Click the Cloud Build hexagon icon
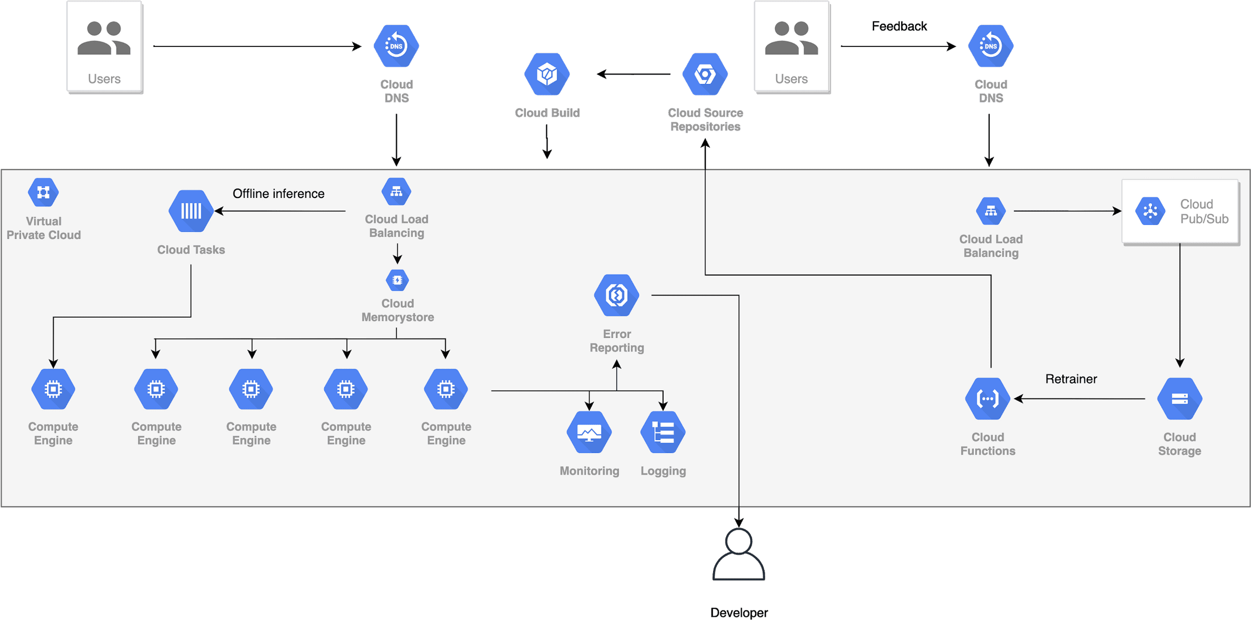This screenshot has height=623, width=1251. [x=547, y=74]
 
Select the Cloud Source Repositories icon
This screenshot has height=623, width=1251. [x=705, y=74]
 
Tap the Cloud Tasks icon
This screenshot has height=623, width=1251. [x=191, y=211]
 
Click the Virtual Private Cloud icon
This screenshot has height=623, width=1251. [x=43, y=192]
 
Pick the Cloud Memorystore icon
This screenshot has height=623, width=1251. [x=397, y=280]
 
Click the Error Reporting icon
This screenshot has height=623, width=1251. [x=617, y=295]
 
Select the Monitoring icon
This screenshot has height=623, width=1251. [x=589, y=432]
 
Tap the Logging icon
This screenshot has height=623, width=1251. [x=663, y=432]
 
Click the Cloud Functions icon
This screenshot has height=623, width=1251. [x=987, y=399]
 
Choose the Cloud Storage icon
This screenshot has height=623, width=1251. [x=1180, y=399]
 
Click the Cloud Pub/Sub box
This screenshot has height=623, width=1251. [x=1181, y=211]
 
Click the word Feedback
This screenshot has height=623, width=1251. [x=899, y=26]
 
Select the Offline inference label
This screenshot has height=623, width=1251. [x=278, y=194]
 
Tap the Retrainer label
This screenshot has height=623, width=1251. [x=1071, y=379]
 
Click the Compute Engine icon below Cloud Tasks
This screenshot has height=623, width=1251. [x=53, y=389]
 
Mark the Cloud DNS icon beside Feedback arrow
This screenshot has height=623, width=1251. [x=990, y=46]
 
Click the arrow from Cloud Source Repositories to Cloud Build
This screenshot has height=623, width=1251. [x=633, y=74]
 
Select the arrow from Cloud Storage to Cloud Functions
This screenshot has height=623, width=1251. [x=1079, y=399]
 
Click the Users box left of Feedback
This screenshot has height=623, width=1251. [x=792, y=47]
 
